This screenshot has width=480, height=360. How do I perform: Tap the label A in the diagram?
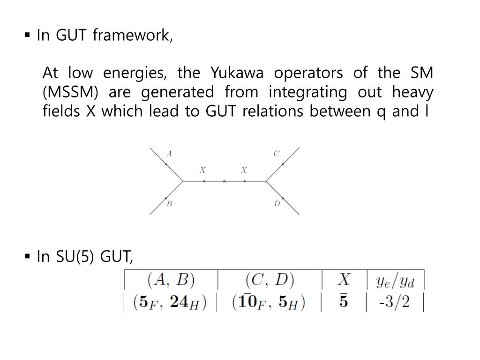[x=169, y=153]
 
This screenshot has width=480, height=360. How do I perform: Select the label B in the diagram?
[x=169, y=204]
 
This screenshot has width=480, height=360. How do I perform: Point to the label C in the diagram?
[x=277, y=153]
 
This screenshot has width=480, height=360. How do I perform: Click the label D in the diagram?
[x=277, y=204]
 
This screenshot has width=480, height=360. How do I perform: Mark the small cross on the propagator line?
[x=225, y=181]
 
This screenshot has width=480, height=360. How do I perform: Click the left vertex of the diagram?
[x=183, y=181]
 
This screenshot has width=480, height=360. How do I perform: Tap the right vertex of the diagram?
[x=266, y=181]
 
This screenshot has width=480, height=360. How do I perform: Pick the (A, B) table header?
[x=171, y=280]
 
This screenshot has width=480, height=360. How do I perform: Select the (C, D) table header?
[x=270, y=280]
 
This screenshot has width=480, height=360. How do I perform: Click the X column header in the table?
[x=344, y=280]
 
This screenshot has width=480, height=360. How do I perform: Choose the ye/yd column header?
[x=395, y=281]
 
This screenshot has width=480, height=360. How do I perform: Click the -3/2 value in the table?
[x=394, y=301]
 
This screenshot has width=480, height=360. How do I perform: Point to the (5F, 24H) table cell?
[x=170, y=302]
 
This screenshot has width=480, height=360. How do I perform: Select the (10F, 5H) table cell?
[x=269, y=302]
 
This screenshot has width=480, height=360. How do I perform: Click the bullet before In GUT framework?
[x=27, y=35]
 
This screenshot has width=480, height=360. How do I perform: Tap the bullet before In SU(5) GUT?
[x=27, y=256]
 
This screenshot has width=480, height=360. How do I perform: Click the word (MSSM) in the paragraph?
[x=70, y=92]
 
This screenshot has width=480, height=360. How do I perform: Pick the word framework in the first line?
[x=133, y=36]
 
